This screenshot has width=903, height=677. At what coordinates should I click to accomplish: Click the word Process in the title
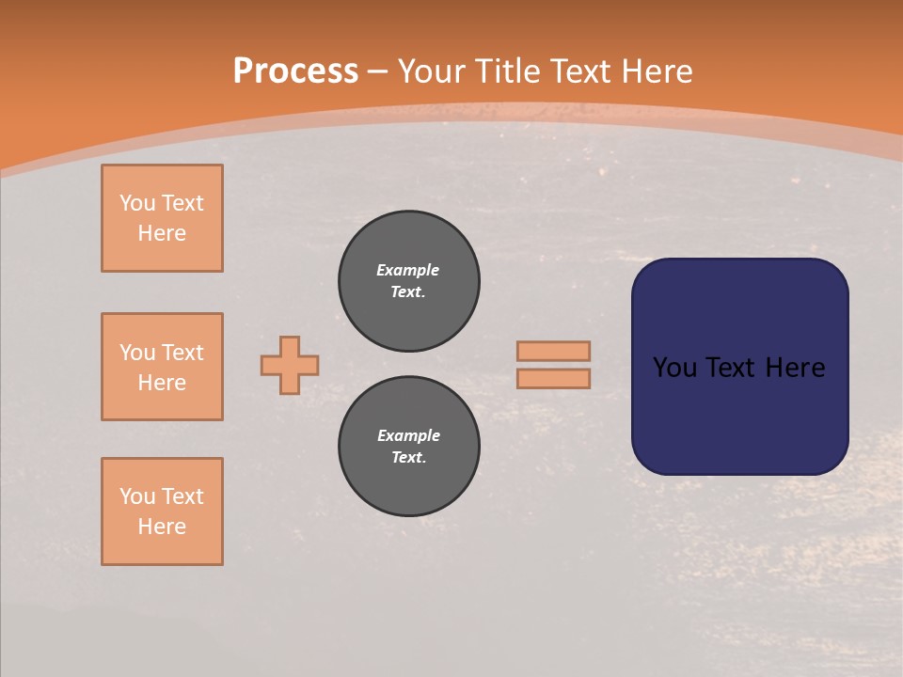(x=295, y=71)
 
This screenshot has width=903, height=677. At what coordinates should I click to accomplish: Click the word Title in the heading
(x=508, y=71)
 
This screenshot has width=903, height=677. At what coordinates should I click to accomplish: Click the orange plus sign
(x=290, y=365)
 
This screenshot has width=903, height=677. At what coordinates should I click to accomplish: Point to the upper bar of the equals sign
(x=553, y=351)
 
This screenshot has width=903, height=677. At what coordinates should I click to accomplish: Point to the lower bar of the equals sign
(x=553, y=378)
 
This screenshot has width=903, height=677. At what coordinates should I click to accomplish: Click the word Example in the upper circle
(x=407, y=270)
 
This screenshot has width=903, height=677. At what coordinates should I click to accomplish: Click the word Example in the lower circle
(x=408, y=435)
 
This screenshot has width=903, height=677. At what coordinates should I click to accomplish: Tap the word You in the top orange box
(x=137, y=203)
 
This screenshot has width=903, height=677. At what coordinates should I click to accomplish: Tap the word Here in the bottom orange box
(x=162, y=527)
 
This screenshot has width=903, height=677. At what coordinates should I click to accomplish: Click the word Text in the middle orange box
(x=182, y=353)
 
